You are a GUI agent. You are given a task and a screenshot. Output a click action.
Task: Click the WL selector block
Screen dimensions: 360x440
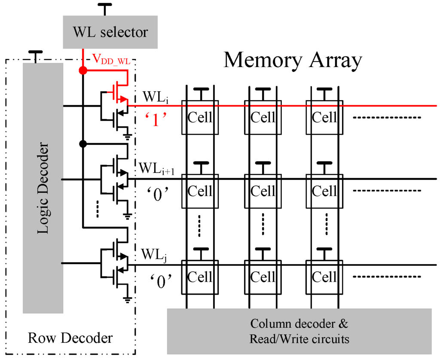coord(110,32)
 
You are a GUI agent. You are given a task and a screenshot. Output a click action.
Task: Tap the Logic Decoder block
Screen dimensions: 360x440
coord(43,188)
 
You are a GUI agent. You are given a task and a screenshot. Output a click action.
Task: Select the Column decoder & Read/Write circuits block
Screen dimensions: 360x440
coord(299,331)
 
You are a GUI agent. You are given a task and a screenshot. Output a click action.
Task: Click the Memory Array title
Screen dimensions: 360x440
coord(293,60)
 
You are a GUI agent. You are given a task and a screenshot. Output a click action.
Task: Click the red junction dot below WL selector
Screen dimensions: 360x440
coord(82,70)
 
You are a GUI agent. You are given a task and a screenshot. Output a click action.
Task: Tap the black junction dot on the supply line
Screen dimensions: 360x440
coord(82,143)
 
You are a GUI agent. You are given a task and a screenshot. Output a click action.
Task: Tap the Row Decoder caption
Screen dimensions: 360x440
coord(70,338)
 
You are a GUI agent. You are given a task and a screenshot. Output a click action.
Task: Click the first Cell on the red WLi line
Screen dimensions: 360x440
coord(200,117)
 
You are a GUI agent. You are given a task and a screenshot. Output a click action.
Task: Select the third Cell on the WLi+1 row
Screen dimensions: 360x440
coord(324,191)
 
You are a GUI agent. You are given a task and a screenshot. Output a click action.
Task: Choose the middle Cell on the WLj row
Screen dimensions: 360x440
coord(263,277)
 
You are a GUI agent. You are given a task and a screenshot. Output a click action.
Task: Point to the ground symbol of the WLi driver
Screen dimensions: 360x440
coord(128,136)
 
